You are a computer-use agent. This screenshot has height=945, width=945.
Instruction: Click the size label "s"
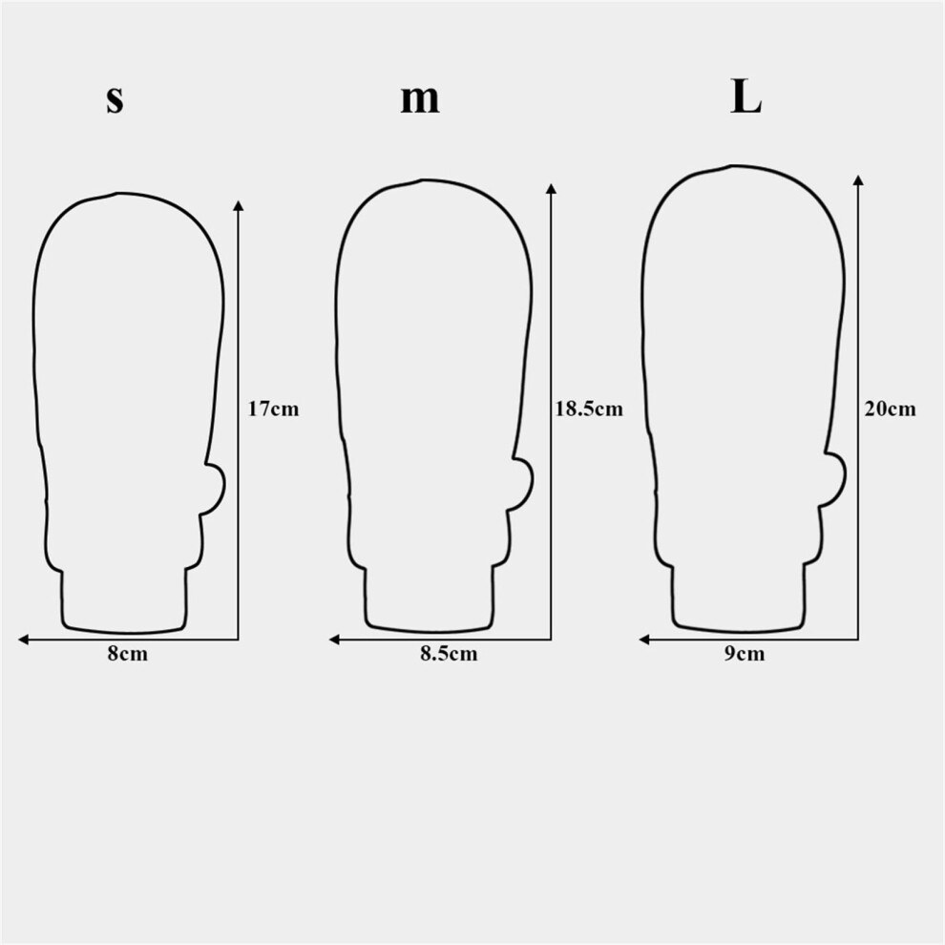pos(115,100)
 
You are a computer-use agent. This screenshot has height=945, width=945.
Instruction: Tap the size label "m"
pos(420,100)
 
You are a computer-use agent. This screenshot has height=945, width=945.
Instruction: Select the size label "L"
pos(746,97)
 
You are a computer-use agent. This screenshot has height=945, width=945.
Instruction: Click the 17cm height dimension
pos(273,409)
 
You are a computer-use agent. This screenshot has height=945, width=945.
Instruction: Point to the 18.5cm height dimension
pos(589,409)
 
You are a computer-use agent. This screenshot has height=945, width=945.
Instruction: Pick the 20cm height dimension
pos(891,409)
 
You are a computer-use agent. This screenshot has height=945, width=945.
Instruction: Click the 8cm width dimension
pos(128,654)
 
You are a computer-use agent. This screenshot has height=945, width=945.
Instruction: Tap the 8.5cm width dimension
pos(449,654)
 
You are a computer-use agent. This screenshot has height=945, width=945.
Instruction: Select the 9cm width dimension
pos(745,654)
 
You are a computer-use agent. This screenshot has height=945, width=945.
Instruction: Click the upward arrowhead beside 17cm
pos(239,206)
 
